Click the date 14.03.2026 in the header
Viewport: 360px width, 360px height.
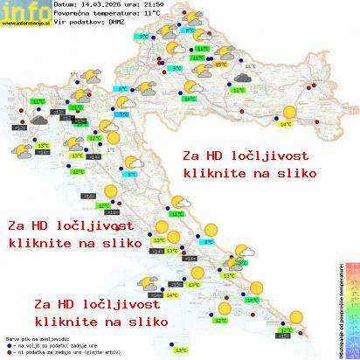coord(97,5)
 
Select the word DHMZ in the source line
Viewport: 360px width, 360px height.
coord(116,24)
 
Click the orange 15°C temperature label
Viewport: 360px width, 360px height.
coord(220,65)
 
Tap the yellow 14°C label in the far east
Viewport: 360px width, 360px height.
coord(285,124)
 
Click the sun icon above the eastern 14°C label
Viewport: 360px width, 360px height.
coord(288,111)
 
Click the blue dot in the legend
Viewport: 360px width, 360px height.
coord(9,342)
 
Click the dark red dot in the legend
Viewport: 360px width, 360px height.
coord(9,348)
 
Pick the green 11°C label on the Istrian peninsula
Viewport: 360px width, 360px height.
coord(38,102)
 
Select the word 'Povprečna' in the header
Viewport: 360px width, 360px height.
coord(72,15)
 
